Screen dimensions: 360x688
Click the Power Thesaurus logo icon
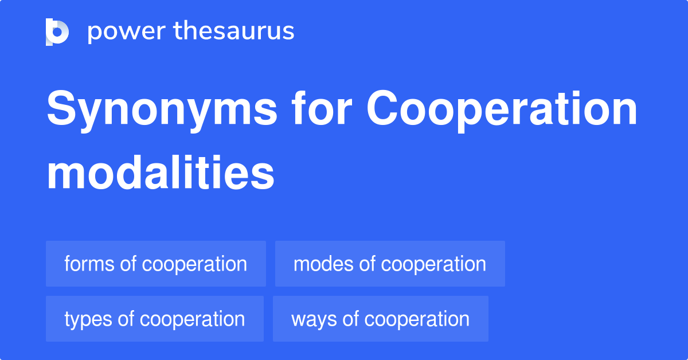tap(57, 32)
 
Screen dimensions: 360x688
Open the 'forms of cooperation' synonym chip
tap(156, 264)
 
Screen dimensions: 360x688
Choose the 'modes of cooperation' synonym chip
tap(390, 264)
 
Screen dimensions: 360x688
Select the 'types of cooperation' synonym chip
tap(155, 319)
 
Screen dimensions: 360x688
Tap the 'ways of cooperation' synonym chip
tap(380, 319)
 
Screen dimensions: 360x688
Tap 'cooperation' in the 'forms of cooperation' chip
tap(194, 264)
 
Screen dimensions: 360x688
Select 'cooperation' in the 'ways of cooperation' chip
tap(417, 319)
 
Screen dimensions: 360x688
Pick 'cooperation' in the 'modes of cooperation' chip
tap(433, 264)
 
